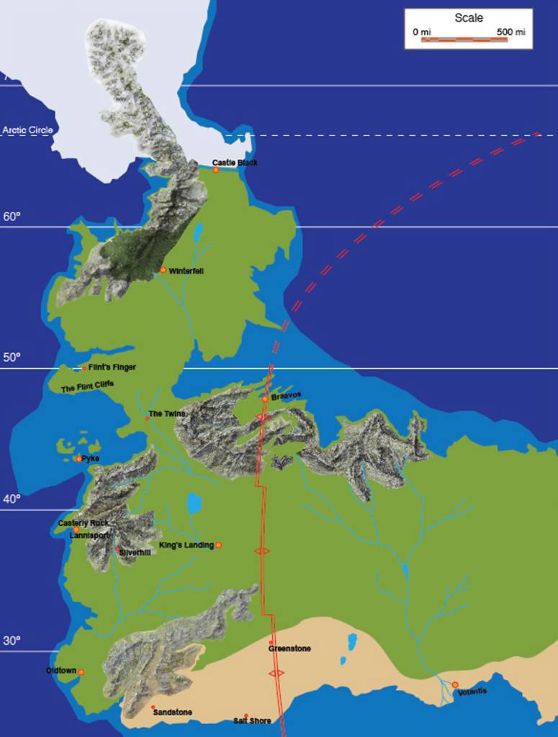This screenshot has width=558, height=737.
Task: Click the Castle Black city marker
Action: click(215, 170)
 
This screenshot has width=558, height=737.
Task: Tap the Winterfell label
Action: click(186, 271)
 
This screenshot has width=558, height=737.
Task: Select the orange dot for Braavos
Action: click(265, 398)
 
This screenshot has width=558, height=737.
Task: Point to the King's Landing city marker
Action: click(219, 545)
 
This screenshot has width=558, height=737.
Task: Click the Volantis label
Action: click(472, 692)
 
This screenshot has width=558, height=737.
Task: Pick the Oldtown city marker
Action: click(81, 672)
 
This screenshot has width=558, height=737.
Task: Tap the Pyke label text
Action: click(91, 458)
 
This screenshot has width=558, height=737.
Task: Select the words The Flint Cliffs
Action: click(87, 388)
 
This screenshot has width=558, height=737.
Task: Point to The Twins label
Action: click(167, 414)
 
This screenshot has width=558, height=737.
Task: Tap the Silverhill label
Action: click(136, 552)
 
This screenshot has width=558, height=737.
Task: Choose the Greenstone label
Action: click(289, 648)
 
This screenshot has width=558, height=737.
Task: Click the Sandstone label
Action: click(172, 713)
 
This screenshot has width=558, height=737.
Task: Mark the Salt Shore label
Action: click(252, 720)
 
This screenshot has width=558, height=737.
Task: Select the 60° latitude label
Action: click(12, 216)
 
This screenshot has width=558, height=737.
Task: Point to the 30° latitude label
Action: click(12, 640)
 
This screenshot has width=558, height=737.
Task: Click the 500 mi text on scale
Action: click(510, 32)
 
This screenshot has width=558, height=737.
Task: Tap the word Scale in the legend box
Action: click(469, 18)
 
